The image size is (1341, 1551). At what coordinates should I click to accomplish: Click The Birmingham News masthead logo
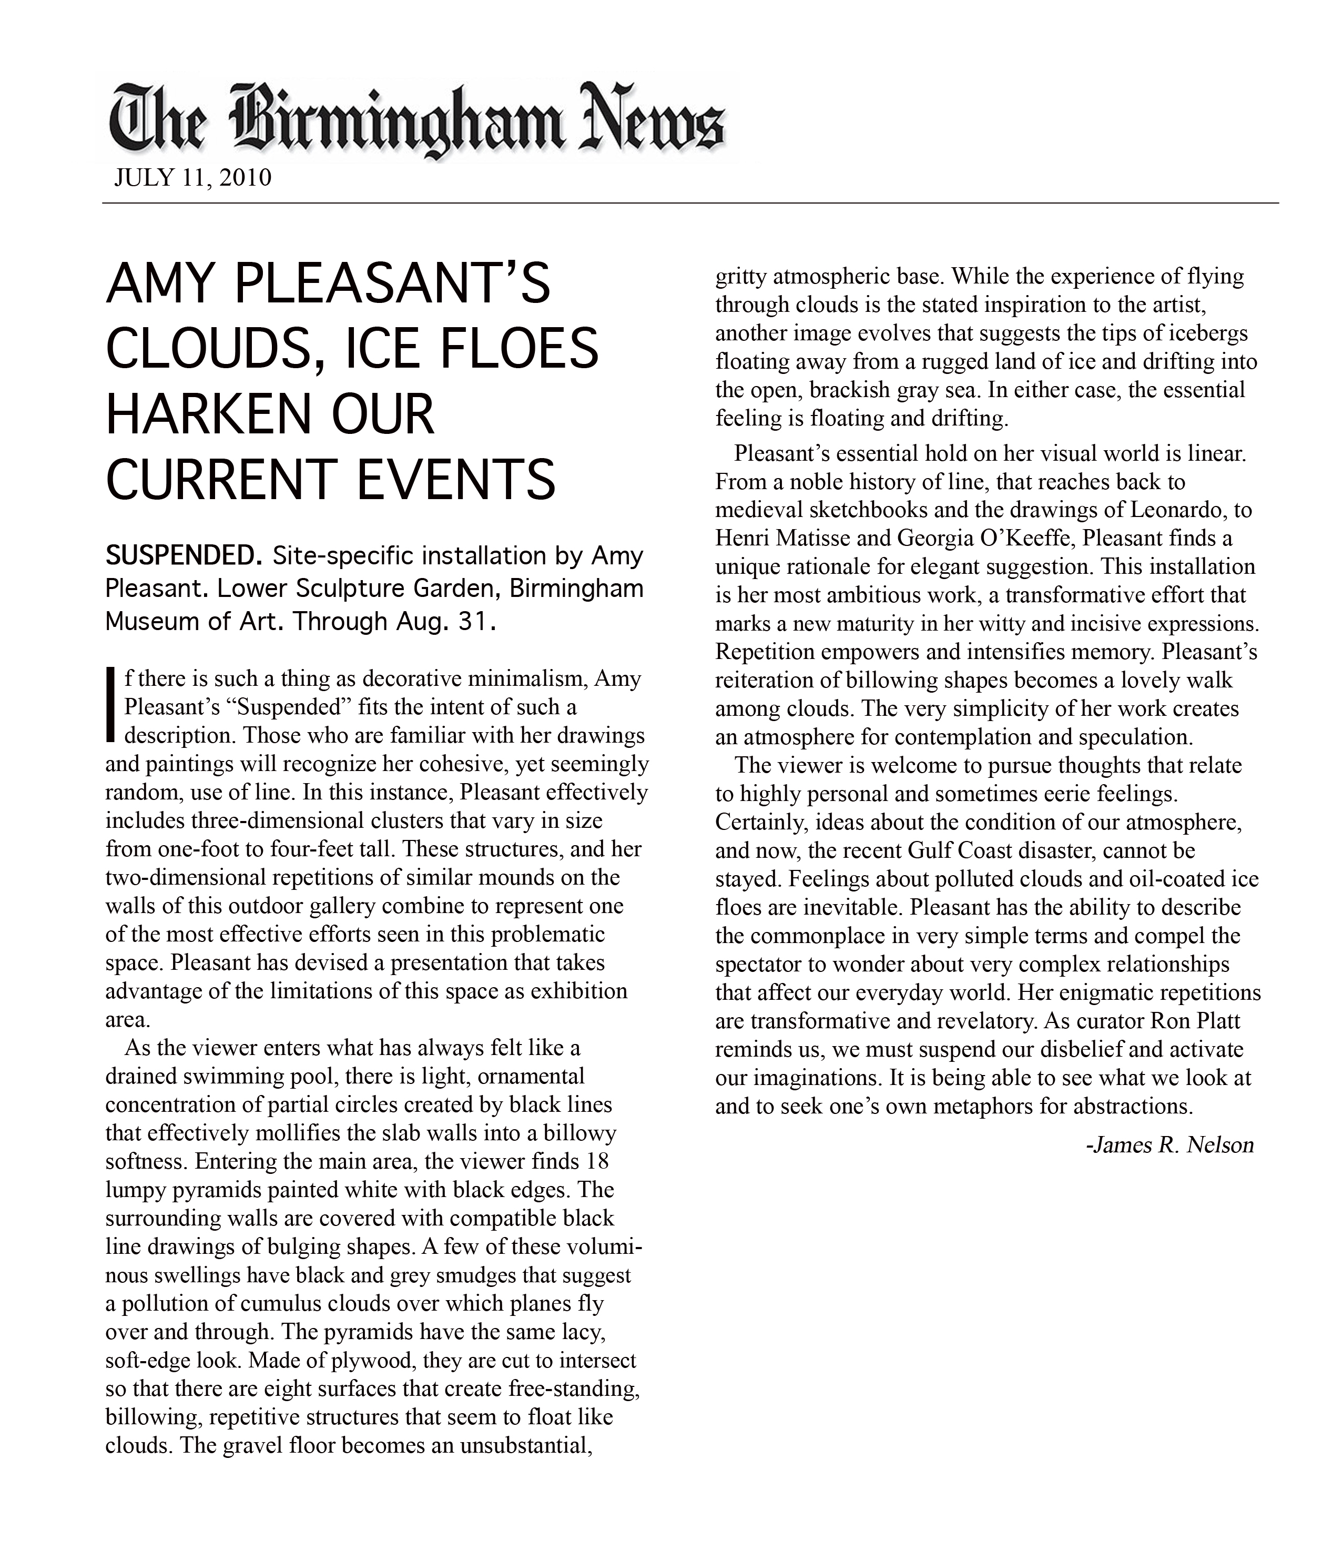[x=417, y=120]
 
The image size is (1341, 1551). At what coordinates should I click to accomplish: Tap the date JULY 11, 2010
[x=192, y=178]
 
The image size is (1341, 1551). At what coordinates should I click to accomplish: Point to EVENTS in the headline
[x=456, y=479]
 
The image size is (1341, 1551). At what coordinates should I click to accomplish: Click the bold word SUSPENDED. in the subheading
[x=182, y=556]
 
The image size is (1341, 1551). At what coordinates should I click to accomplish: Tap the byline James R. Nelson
[x=1170, y=1145]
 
